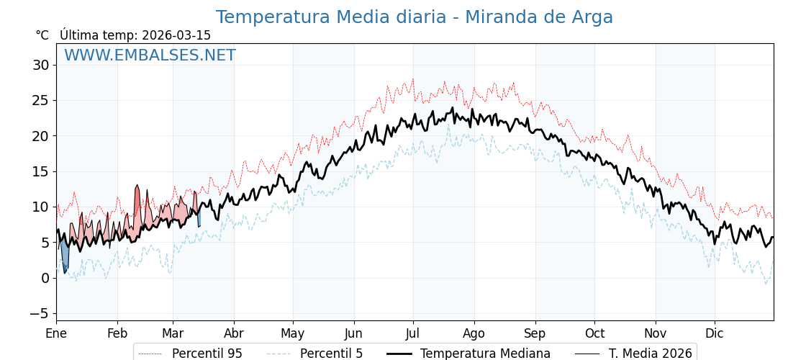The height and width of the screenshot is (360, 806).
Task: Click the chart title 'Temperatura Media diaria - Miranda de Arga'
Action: coord(414,17)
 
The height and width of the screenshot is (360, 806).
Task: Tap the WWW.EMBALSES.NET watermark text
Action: coord(150,55)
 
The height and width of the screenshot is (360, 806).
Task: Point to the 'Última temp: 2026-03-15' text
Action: coord(135,35)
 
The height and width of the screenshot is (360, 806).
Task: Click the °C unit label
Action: coord(42,35)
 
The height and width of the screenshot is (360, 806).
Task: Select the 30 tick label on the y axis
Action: coord(40,66)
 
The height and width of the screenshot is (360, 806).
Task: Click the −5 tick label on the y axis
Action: coord(39,313)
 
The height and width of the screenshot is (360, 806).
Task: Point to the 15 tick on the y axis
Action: coord(40,171)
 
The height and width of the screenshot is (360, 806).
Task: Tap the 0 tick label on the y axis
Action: coord(45,278)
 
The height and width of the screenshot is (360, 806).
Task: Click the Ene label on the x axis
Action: coord(56,333)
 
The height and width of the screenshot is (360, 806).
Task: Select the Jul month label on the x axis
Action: coord(413,333)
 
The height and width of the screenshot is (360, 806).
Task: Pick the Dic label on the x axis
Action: coord(715,333)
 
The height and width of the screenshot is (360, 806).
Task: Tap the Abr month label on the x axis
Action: coord(234,333)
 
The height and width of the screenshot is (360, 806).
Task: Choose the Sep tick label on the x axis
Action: coord(535,333)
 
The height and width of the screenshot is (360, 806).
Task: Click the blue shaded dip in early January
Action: coord(65,256)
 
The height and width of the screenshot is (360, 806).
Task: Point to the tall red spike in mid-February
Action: coord(137,205)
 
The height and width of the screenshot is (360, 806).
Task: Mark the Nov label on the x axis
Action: coord(656,333)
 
